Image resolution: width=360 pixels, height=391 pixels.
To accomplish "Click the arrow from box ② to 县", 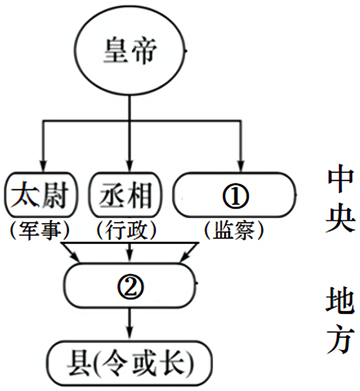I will [129, 323].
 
